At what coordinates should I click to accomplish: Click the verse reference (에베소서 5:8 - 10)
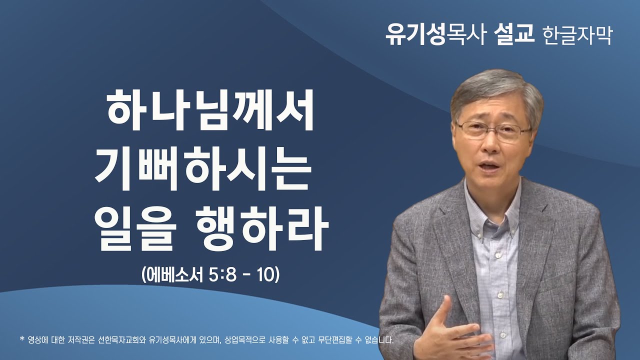click(x=209, y=274)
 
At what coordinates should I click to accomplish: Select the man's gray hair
click(x=495, y=90)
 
